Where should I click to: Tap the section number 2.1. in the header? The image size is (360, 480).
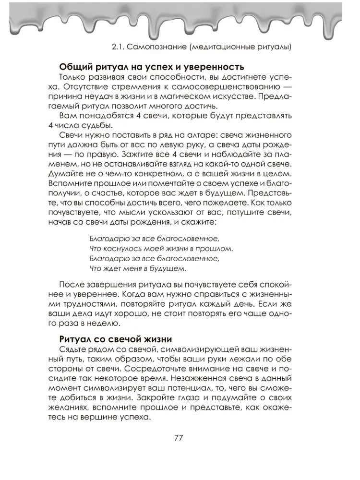pyautogui.click(x=119, y=47)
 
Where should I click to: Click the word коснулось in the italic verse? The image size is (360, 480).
pyautogui.click(x=120, y=249)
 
